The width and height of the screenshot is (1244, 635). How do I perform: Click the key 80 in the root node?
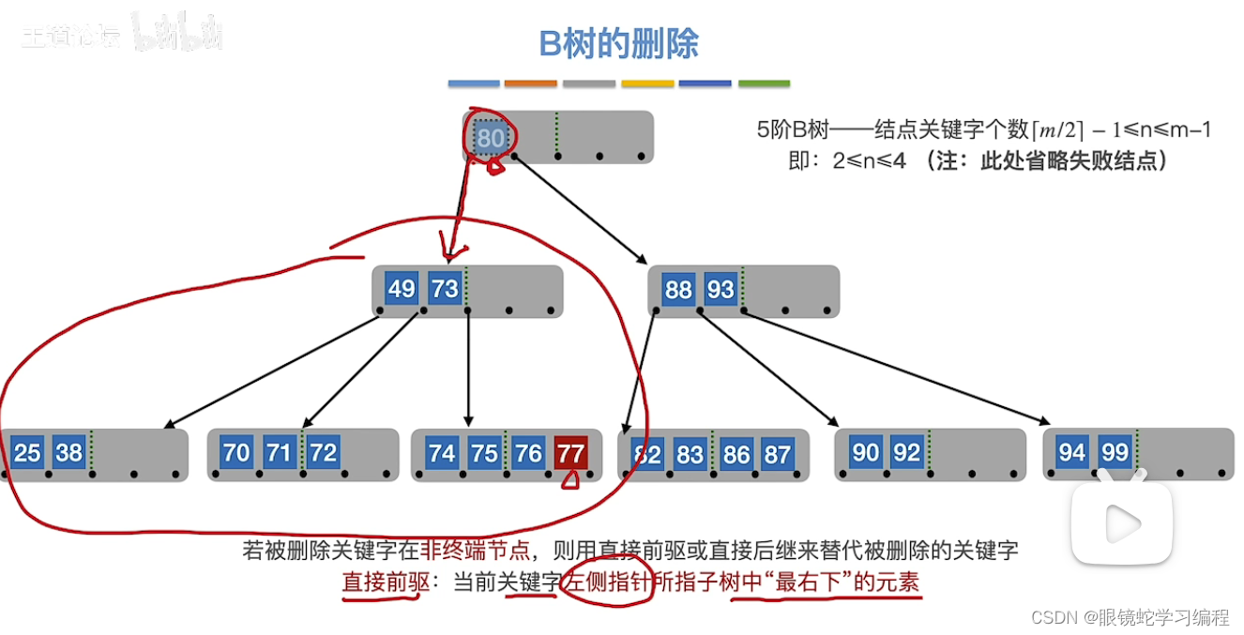[490, 139]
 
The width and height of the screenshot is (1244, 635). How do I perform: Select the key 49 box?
[402, 288]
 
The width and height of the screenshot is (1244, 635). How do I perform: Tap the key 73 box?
[444, 288]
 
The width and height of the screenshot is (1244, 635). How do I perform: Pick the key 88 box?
[678, 289]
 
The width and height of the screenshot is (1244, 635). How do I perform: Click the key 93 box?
[721, 289]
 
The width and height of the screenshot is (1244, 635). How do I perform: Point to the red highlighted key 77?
[570, 454]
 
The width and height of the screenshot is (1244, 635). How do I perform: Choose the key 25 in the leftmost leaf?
[27, 453]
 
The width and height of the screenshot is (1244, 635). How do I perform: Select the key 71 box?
[279, 453]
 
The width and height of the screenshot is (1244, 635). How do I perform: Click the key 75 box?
[484, 454]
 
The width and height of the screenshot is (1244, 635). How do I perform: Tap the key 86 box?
[735, 455]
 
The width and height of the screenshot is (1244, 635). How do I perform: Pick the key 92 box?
[906, 453]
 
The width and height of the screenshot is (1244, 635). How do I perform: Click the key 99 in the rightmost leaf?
[1115, 453]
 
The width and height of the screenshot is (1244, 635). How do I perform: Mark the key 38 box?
[68, 453]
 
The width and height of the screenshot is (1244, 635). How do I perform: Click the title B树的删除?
[618, 43]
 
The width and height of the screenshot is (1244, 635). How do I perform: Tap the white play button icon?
[1122, 522]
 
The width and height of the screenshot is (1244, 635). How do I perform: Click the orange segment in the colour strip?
[531, 83]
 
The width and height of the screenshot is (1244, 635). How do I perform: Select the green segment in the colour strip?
[764, 83]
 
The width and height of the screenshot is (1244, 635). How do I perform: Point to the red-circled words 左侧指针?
[606, 582]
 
